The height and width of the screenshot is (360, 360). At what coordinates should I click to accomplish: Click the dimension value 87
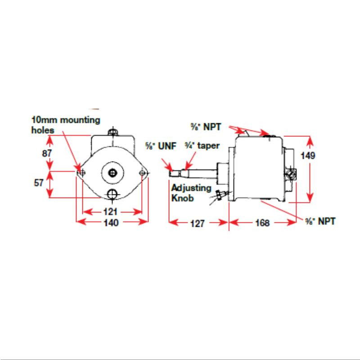(x=47, y=153)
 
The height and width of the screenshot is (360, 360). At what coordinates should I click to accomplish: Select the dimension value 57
(x=39, y=183)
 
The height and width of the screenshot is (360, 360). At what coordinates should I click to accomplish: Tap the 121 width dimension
(x=110, y=211)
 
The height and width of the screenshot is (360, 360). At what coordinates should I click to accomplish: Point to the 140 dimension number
(x=111, y=222)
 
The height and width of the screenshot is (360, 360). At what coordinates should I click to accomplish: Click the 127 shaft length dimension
(x=198, y=223)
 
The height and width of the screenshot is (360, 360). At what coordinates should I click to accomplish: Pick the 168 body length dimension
(x=262, y=222)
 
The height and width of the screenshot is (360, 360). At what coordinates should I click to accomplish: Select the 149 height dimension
(x=308, y=156)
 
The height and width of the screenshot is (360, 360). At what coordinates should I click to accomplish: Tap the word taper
(x=208, y=146)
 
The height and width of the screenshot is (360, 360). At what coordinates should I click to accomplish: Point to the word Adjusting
(x=191, y=188)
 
